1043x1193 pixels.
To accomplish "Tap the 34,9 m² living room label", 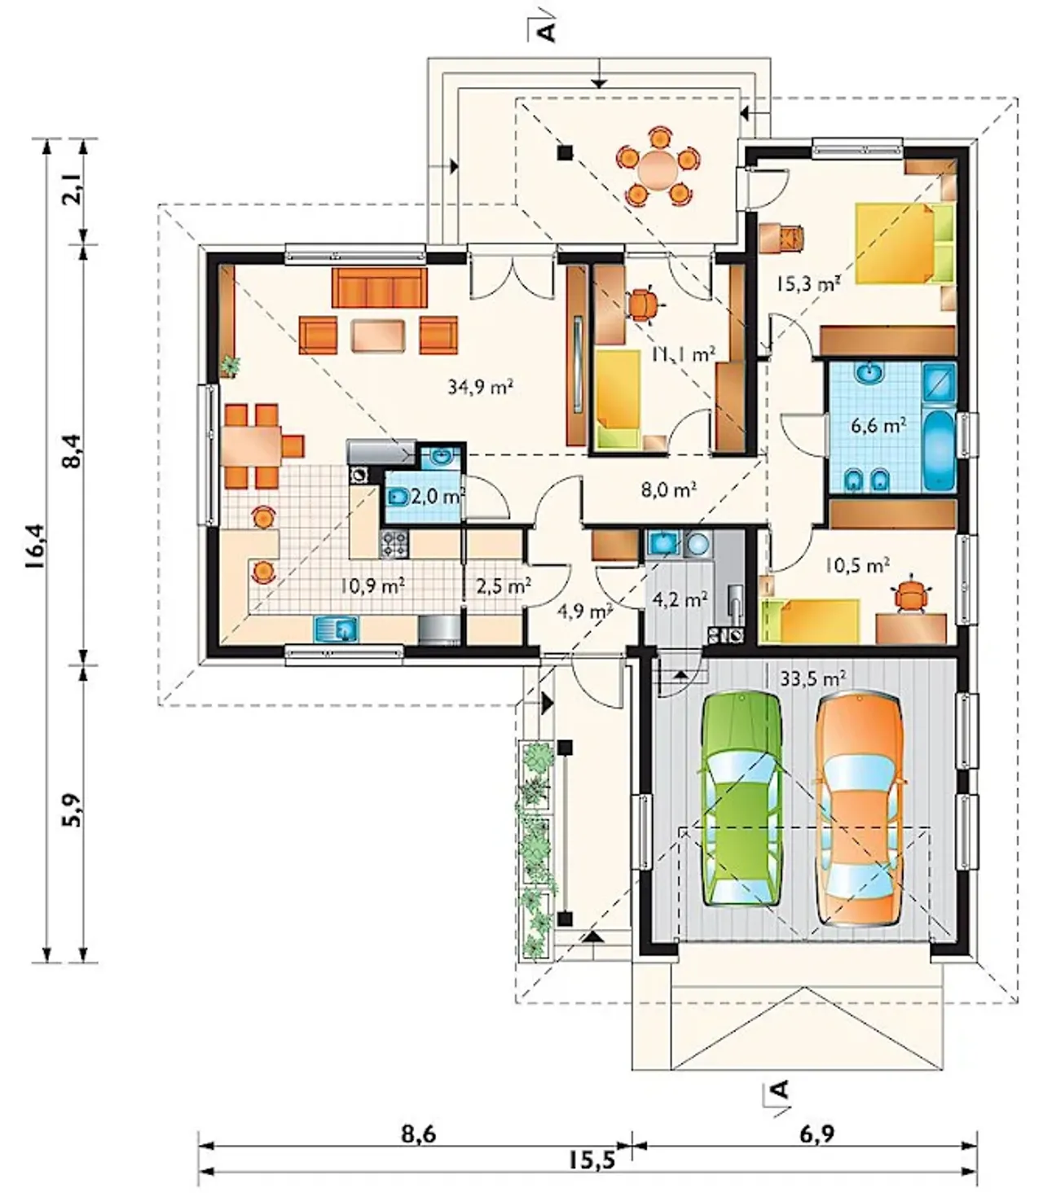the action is click(x=480, y=386).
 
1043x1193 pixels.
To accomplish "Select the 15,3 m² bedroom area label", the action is click(x=808, y=283).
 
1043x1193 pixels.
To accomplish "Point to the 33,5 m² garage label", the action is click(x=813, y=678).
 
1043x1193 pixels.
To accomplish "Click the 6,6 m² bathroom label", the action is click(x=878, y=426).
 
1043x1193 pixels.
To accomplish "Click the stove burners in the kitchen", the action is click(x=394, y=544).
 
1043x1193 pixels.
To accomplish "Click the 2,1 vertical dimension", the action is click(x=75, y=191).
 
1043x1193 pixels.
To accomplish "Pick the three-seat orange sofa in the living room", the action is click(x=380, y=287).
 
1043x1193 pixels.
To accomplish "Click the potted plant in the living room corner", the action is click(x=231, y=366).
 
